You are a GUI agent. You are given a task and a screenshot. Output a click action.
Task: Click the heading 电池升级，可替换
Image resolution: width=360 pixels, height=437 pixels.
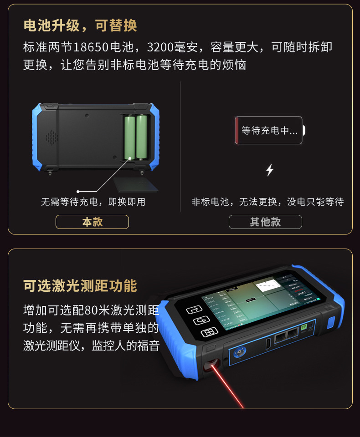pos(80,25)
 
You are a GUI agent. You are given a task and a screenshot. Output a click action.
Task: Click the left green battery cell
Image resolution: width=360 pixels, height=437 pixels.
pos(131,137)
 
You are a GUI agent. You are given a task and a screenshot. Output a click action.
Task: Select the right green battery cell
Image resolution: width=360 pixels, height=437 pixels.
pos(142,137)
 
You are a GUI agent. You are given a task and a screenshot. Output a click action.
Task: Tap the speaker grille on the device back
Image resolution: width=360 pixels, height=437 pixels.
pos(51,136)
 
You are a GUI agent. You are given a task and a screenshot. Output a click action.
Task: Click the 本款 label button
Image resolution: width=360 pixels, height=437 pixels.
pos(92,222)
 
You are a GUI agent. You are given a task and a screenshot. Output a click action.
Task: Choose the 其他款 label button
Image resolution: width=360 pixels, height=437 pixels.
pos(265,222)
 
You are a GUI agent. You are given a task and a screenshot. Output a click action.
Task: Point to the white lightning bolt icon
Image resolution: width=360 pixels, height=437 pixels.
pos(270,170)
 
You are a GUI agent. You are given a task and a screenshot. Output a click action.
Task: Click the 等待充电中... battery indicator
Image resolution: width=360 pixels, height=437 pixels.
pos(269,131)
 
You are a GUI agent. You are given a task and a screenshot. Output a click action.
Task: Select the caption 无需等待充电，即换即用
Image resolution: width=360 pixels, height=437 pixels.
pos(93,202)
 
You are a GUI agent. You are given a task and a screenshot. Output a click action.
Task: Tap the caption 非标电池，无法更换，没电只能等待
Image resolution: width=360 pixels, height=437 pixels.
pos(267,202)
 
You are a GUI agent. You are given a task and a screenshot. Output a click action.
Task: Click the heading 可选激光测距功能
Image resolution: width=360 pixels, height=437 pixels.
pos(80,286)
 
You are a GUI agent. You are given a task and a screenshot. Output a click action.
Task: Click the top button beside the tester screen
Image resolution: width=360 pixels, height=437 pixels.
pos(193,310)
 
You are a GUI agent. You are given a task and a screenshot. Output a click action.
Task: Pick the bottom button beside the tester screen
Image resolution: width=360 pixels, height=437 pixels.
pos(208,333)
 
